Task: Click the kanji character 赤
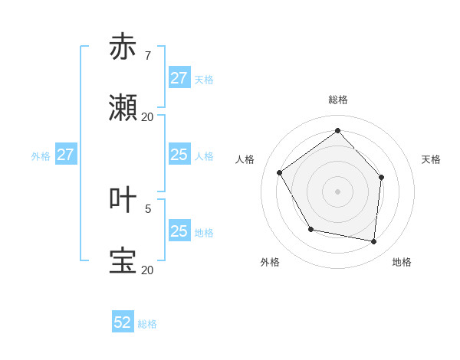tap(123, 47)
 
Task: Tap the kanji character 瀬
tap(123, 109)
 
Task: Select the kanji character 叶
tap(123, 200)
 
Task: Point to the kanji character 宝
tap(123, 261)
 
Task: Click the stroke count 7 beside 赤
tap(147, 56)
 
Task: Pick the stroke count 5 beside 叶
tap(148, 208)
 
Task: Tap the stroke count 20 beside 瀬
tap(147, 117)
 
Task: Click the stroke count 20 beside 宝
tap(147, 270)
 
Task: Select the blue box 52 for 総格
tap(123, 323)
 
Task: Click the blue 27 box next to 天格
tap(179, 79)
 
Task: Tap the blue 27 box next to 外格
tap(66, 155)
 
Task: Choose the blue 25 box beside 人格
tap(179, 155)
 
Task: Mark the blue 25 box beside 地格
tap(179, 231)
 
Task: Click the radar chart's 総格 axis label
tap(337, 100)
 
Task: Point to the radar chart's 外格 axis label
tap(270, 262)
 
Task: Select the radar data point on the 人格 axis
tap(280, 172)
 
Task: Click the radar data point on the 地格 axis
tap(373, 241)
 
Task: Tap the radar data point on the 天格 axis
tap(381, 177)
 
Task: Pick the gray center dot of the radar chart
tap(337, 191)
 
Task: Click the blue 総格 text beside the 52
tap(147, 324)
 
